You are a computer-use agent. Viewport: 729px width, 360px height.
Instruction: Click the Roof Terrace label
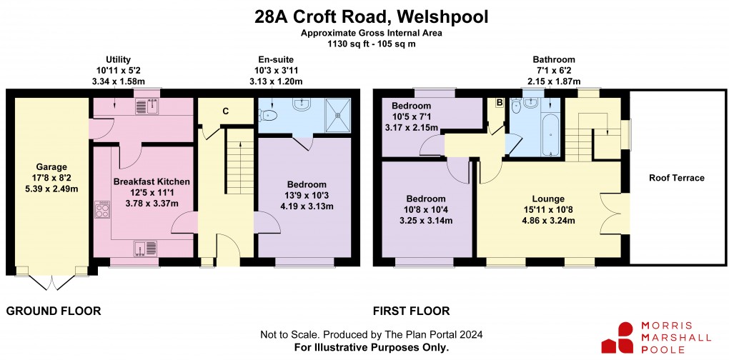(677, 178)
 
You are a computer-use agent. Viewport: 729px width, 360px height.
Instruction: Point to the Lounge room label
(548, 199)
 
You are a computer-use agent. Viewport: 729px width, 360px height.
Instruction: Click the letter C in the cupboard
(225, 111)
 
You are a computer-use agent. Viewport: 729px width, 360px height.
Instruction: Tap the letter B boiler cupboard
(500, 104)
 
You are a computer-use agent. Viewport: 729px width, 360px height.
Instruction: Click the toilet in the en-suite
(269, 114)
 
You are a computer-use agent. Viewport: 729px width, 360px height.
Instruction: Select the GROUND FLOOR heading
(53, 311)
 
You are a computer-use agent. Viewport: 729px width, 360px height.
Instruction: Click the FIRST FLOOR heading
(411, 311)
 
